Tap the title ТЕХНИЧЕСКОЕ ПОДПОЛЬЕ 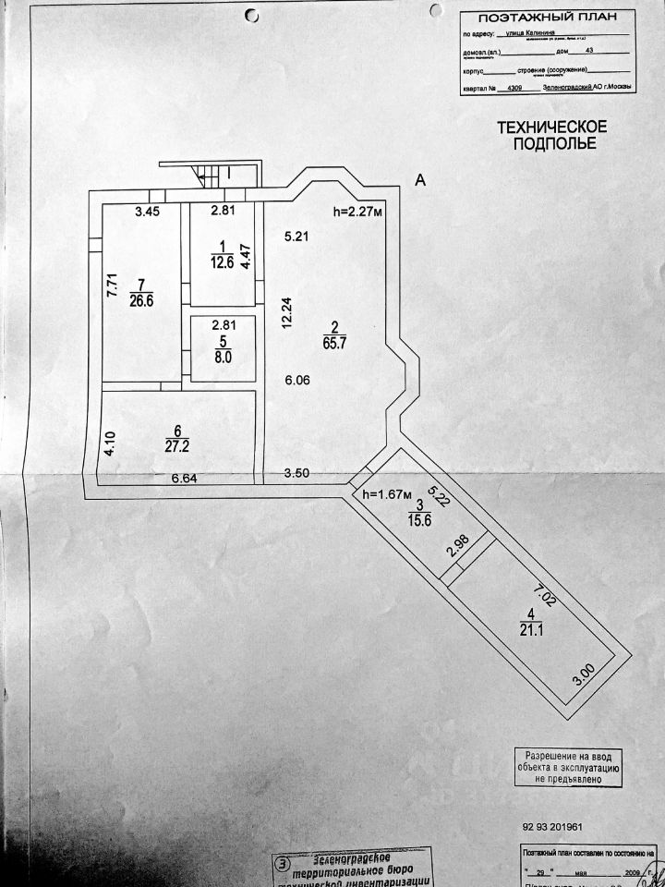point(552,135)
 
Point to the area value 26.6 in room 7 point(141,298)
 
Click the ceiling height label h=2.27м point(357,212)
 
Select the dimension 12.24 point(287,312)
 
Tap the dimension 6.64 point(186,479)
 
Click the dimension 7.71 point(110,283)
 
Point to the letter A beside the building point(419,181)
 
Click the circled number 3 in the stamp point(282,865)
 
